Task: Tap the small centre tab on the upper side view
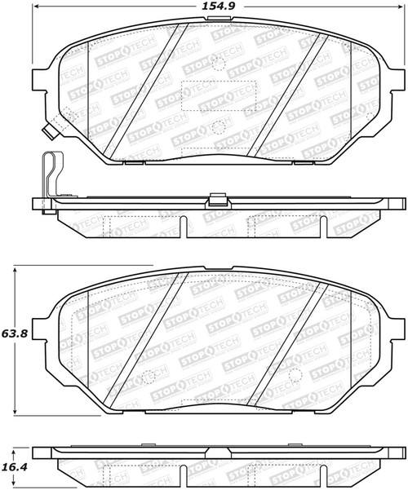click(x=216, y=199)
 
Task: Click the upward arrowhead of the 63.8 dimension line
click(x=16, y=269)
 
